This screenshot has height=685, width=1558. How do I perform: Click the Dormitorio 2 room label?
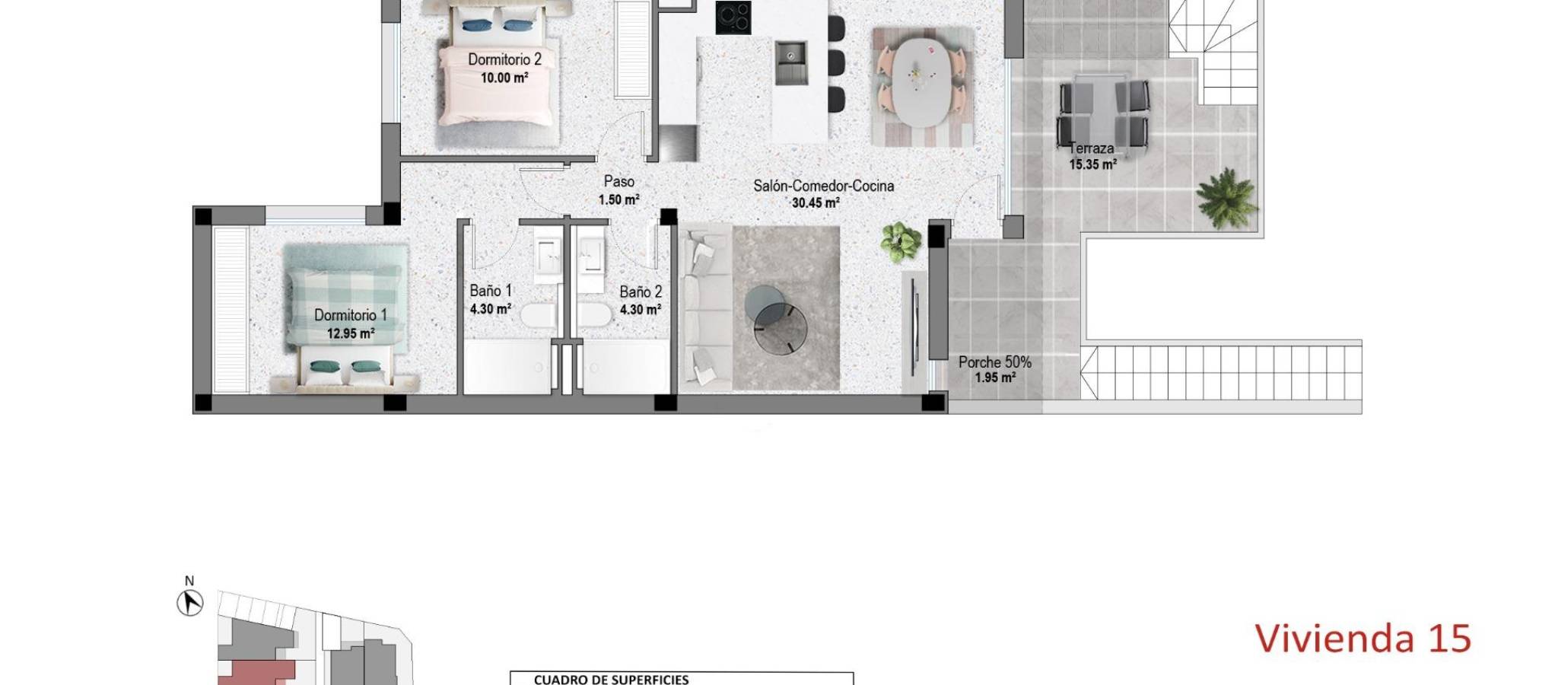pyautogui.click(x=504, y=59)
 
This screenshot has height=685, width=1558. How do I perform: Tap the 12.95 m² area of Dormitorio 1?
pyautogui.click(x=351, y=333)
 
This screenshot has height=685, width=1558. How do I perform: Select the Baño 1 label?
pyautogui.click(x=491, y=291)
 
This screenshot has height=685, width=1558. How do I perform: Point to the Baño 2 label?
pyautogui.click(x=641, y=292)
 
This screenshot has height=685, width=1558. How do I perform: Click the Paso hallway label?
pyautogui.click(x=618, y=182)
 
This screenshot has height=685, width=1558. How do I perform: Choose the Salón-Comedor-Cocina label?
pyautogui.click(x=823, y=186)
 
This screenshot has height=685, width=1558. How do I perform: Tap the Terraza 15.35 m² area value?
pyautogui.click(x=1092, y=165)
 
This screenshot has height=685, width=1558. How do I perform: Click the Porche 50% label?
pyautogui.click(x=995, y=362)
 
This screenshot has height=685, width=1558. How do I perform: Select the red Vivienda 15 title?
pyautogui.click(x=1362, y=638)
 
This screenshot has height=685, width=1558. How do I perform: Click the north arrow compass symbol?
pyautogui.click(x=190, y=604)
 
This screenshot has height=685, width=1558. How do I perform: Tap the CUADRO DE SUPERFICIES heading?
pyautogui.click(x=611, y=680)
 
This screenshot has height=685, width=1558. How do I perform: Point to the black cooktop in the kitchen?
pyautogui.click(x=733, y=18)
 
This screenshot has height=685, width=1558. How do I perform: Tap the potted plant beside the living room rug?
pyautogui.click(x=901, y=241)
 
